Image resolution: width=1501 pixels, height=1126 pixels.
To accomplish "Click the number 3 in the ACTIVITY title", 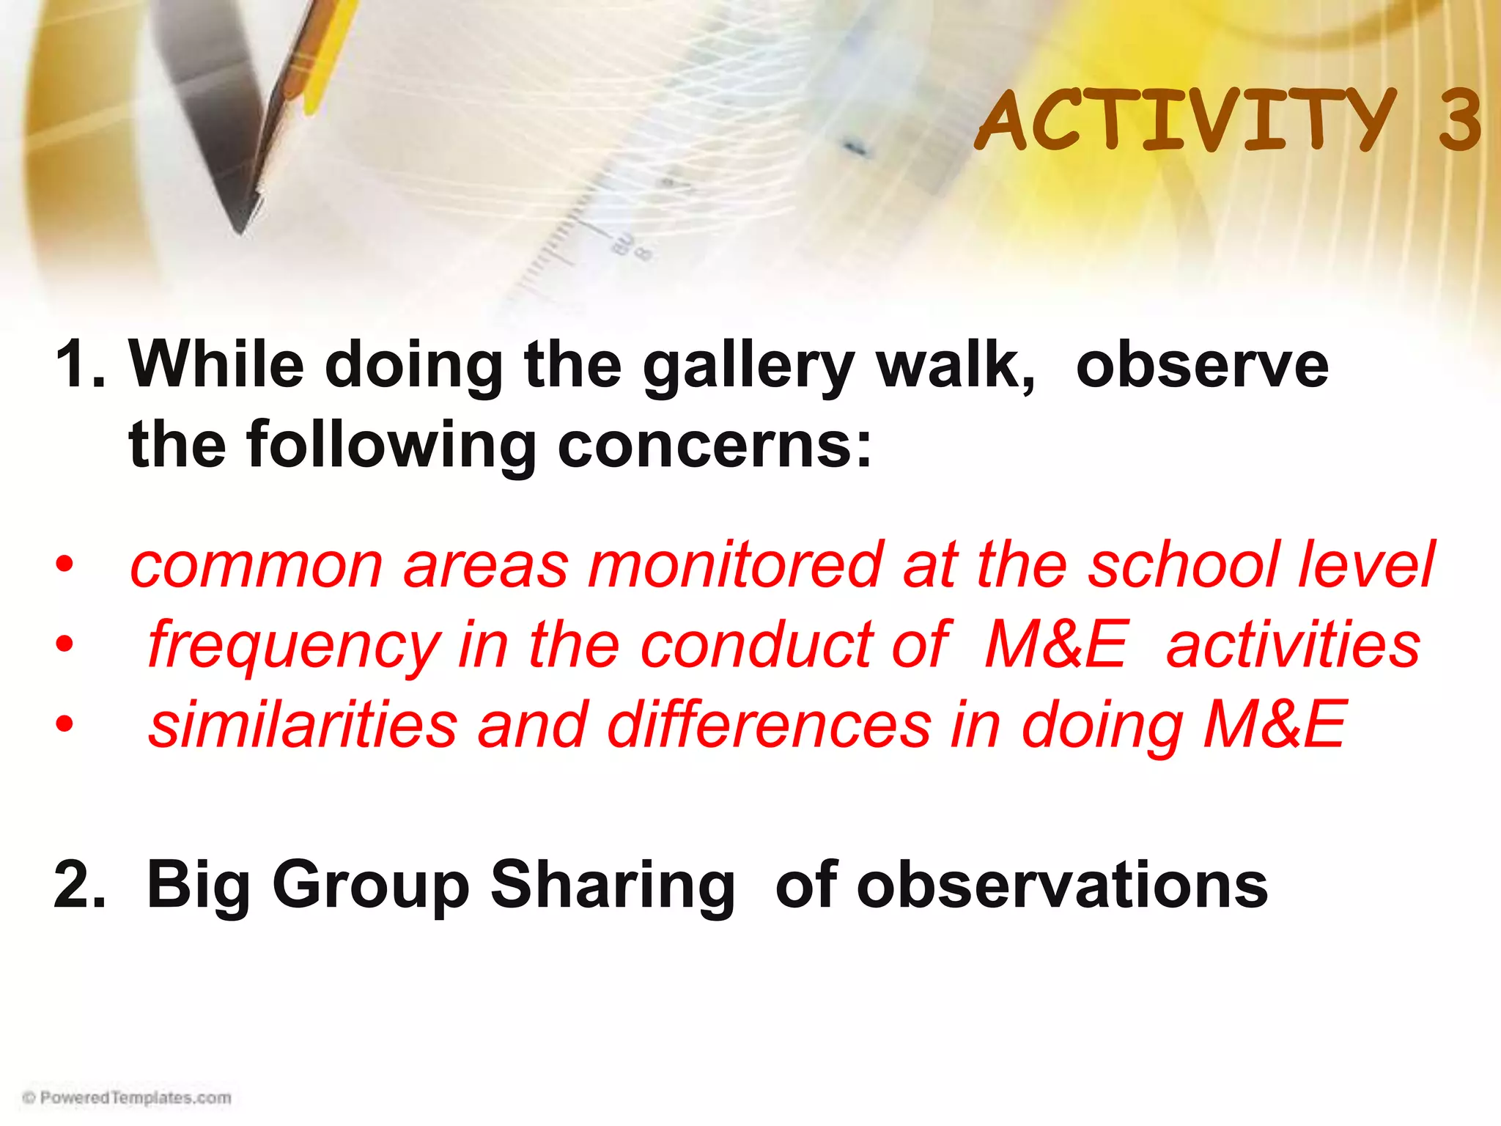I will click(x=1459, y=119).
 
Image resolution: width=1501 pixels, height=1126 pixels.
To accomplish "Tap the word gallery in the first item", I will click(x=748, y=367).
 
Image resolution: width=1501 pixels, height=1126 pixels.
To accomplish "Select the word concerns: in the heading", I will click(x=715, y=445).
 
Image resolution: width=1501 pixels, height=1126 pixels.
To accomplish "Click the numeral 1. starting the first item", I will click(x=81, y=364).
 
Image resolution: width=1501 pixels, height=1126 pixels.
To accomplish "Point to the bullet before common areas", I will click(x=64, y=565).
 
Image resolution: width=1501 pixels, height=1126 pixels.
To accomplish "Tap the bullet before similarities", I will click(x=64, y=724).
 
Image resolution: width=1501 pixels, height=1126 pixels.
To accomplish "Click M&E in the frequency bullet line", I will click(x=1055, y=645).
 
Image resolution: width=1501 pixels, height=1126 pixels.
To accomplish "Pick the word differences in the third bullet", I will click(x=769, y=724).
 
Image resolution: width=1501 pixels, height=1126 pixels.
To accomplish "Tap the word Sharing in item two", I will click(x=612, y=886).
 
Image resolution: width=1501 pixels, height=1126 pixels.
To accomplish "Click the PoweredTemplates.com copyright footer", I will click(x=128, y=1097).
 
